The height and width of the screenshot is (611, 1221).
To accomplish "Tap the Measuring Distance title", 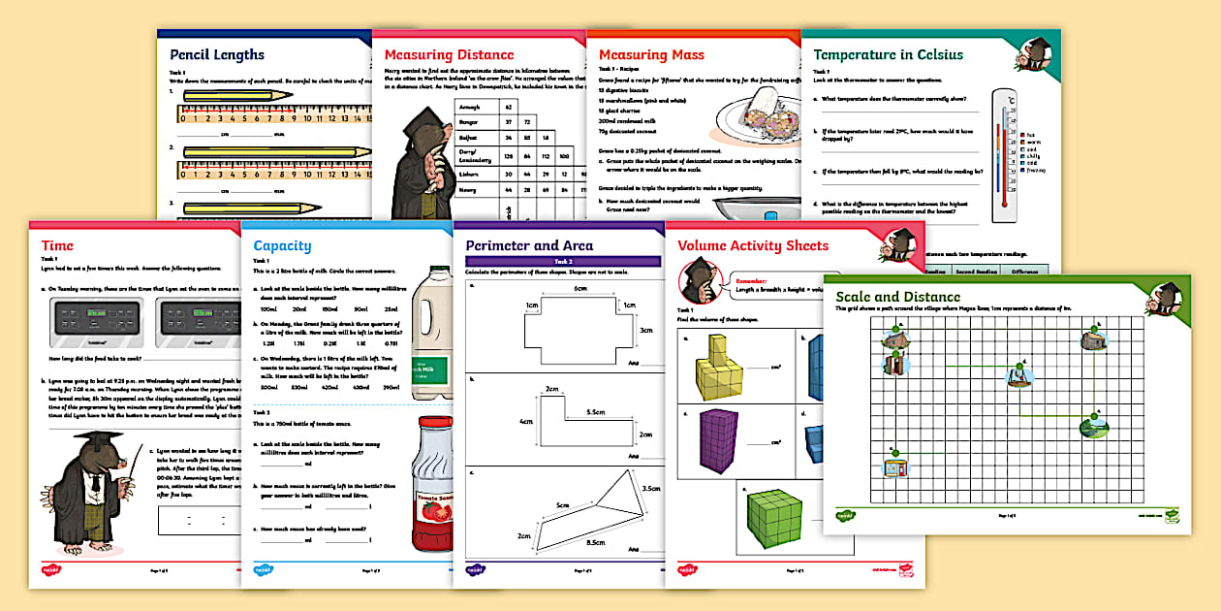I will [449, 55].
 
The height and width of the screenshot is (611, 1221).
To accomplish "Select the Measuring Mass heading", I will [651, 55].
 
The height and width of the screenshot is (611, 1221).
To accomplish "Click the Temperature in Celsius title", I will [888, 55].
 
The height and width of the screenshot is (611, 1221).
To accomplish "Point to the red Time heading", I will [57, 245].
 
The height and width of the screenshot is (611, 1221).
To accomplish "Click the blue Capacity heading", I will [282, 245].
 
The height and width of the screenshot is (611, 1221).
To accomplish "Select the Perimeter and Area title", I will [529, 245].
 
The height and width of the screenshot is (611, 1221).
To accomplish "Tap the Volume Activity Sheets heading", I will [753, 245].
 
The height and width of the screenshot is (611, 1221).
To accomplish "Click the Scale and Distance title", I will [903, 297].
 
